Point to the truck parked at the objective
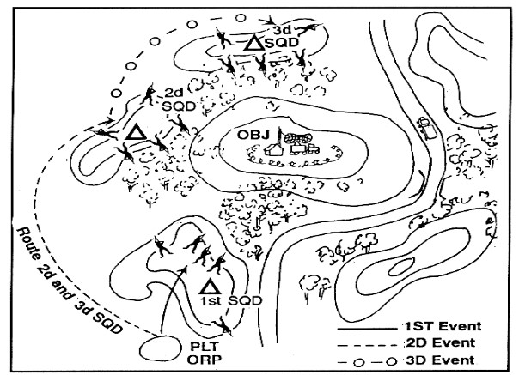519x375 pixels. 303,148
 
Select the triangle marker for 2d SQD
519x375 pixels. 134,133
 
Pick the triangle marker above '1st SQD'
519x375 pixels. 209,285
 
